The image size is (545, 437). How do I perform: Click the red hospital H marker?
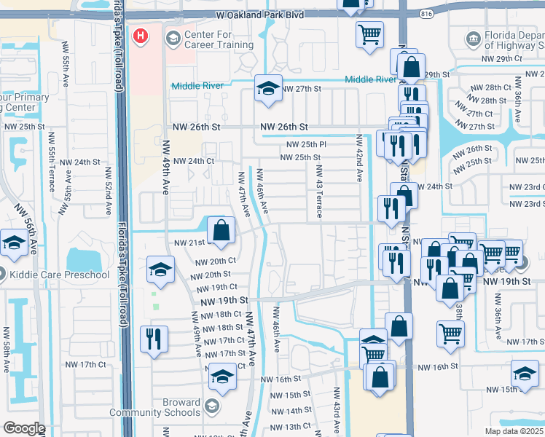pos(139,34)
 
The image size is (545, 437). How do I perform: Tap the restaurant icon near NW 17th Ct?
pos(154,339)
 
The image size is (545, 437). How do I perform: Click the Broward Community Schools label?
pos(155,407)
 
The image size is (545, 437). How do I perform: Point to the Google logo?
pos(24,428)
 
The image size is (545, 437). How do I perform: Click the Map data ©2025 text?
pos(513,431)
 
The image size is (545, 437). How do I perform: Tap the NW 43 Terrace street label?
pos(318,190)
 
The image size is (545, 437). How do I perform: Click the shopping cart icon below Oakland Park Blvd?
pos(369,34)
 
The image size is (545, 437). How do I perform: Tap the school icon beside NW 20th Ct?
pos(161,269)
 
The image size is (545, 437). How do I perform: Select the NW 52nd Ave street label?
pos(108,192)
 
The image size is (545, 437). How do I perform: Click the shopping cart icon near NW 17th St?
pos(451,333)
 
